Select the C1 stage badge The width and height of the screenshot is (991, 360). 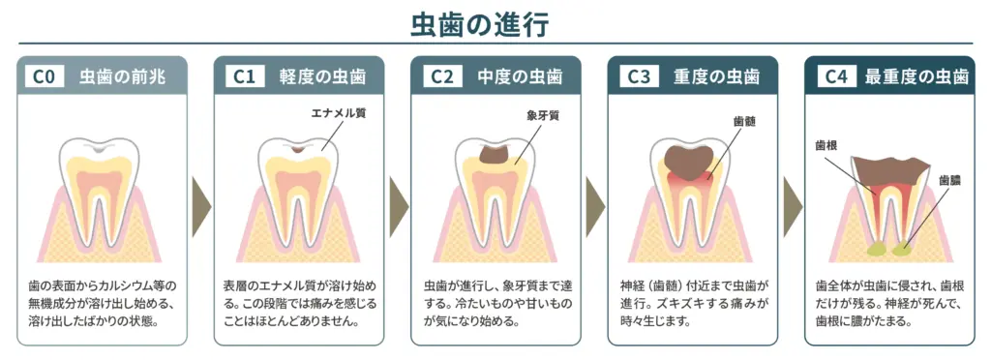(243, 77)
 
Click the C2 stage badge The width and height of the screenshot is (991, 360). (441, 77)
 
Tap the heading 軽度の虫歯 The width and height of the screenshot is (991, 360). (319, 77)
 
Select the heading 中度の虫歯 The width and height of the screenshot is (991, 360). (517, 77)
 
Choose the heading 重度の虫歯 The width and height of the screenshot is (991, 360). (716, 77)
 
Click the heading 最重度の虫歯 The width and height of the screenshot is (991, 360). (916, 77)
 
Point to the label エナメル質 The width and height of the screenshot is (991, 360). (338, 112)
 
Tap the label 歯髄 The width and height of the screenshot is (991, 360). (744, 121)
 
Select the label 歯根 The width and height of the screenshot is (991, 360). (827, 145)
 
